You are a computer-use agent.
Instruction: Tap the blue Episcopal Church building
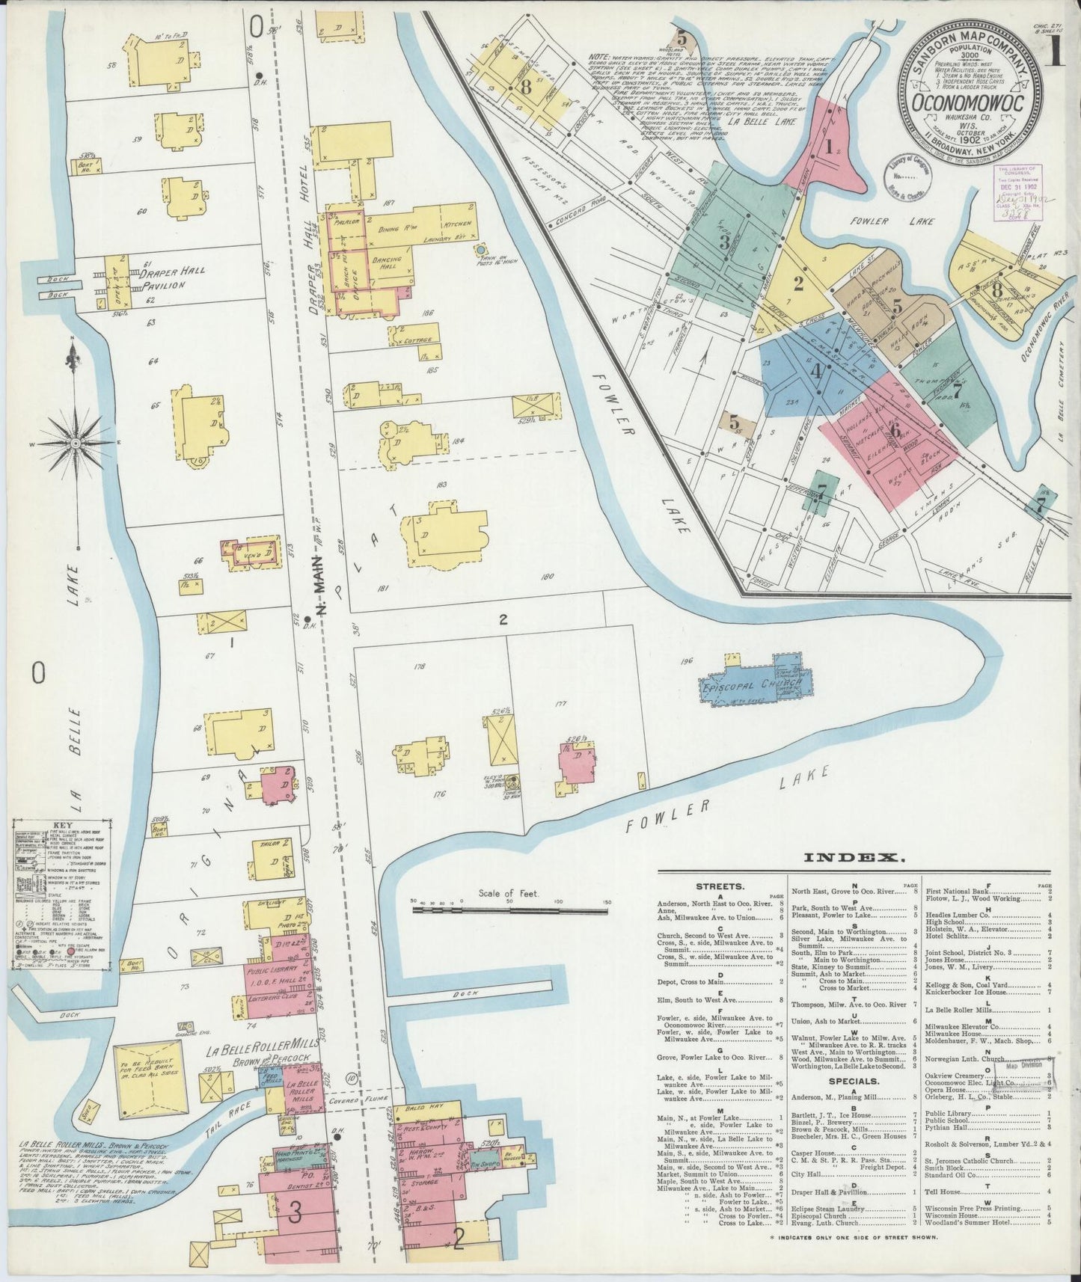(x=751, y=683)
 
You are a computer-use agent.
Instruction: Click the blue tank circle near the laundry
(x=480, y=249)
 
